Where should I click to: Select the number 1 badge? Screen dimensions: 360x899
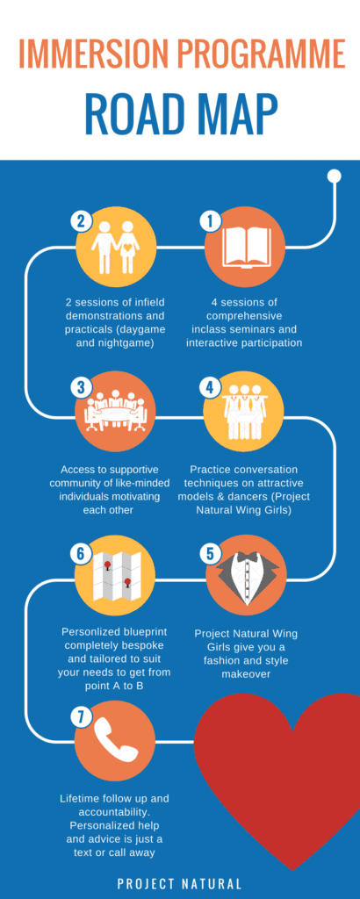point(210,221)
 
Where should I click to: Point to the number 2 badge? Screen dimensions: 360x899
point(82,221)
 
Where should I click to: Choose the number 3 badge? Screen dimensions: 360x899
point(82,387)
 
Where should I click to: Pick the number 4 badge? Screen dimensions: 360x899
point(210,387)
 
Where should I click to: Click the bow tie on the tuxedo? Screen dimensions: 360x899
point(247,556)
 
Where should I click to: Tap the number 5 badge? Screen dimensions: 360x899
point(210,554)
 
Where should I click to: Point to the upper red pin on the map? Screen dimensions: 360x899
point(107,567)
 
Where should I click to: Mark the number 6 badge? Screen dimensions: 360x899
point(82,554)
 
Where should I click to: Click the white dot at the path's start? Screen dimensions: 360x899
point(334,176)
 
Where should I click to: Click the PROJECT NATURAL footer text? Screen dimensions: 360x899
point(179,883)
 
